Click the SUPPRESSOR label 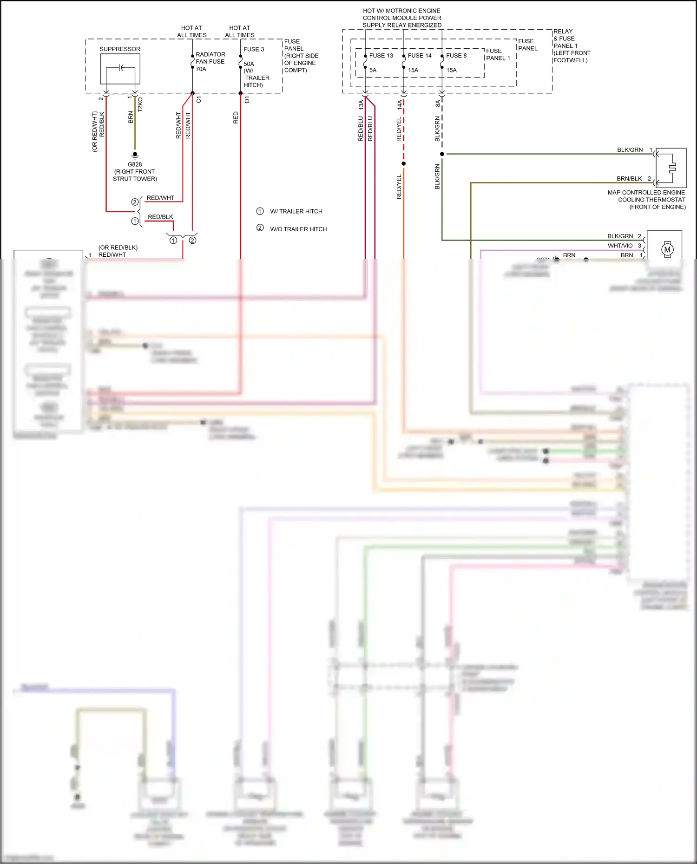[x=120, y=49]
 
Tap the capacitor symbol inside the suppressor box [x=121, y=68]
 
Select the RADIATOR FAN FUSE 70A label [x=210, y=62]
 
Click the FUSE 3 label [x=254, y=49]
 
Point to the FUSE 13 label [x=381, y=56]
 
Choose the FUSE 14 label [x=420, y=56]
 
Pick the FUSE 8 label [x=456, y=56]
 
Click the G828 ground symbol [x=135, y=155]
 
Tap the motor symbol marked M [x=667, y=249]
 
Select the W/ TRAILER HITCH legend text [x=296, y=211]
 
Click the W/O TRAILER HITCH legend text [x=298, y=229]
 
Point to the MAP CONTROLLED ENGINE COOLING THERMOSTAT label [x=646, y=200]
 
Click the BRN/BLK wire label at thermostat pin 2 [x=629, y=179]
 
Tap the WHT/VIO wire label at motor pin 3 [x=620, y=246]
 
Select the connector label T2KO [x=140, y=104]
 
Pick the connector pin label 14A [x=400, y=104]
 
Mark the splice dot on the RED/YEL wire [x=403, y=163]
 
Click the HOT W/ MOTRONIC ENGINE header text [x=401, y=11]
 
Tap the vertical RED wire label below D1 [x=236, y=117]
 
